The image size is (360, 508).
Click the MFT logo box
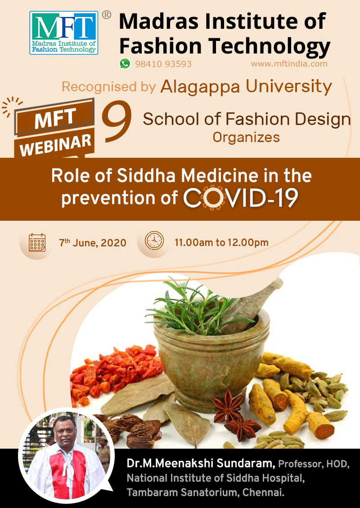(63, 33)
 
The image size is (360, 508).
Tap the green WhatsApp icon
(125, 63)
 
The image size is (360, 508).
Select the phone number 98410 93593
(163, 64)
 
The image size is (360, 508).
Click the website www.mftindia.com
(289, 63)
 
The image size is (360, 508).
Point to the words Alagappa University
(246, 86)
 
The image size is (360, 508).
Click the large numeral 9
(117, 121)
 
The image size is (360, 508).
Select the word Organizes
(246, 138)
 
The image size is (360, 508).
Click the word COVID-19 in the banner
(241, 197)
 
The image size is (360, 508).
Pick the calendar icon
(37, 243)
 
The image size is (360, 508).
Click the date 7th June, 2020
(92, 243)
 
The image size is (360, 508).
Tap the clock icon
(154, 241)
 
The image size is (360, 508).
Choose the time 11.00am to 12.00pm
(221, 242)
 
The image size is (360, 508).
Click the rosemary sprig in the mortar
(194, 306)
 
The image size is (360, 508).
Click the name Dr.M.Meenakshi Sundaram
(201, 463)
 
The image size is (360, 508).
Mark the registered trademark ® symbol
(106, 15)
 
